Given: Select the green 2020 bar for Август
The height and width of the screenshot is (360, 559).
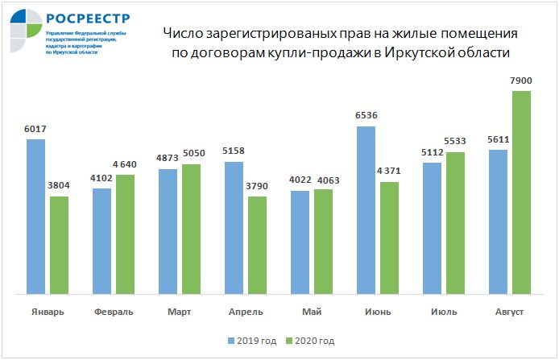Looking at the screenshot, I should click(x=521, y=192).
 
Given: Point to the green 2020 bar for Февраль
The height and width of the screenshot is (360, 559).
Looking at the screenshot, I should click(x=125, y=234).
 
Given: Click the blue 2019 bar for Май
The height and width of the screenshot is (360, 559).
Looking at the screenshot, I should click(x=300, y=242).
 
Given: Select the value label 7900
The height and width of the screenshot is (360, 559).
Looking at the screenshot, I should click(x=521, y=81).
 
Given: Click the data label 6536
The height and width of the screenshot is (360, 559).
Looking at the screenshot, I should click(x=366, y=116).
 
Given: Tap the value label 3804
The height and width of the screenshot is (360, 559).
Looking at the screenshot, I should click(x=59, y=186).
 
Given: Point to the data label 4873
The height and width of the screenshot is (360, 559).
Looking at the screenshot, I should click(x=168, y=159).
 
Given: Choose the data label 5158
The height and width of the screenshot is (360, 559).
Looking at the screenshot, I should click(x=234, y=151).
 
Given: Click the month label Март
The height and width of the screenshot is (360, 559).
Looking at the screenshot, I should click(x=180, y=312).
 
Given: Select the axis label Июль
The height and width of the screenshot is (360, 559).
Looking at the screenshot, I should click(x=444, y=312).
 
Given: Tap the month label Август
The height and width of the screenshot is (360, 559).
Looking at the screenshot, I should click(x=510, y=312).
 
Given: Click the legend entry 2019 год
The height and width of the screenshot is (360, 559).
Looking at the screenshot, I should click(x=257, y=341).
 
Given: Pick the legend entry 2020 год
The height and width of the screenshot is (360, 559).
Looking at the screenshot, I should click(x=315, y=341).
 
